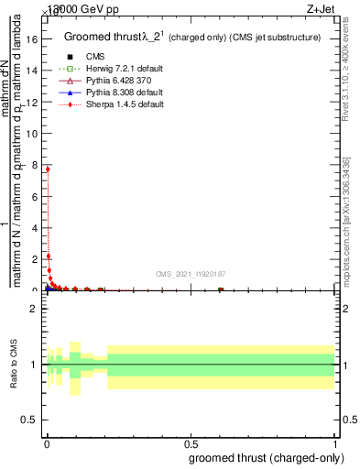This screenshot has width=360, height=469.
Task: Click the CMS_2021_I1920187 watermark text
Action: (190, 274)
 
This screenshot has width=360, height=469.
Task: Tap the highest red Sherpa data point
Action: (47, 169)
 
